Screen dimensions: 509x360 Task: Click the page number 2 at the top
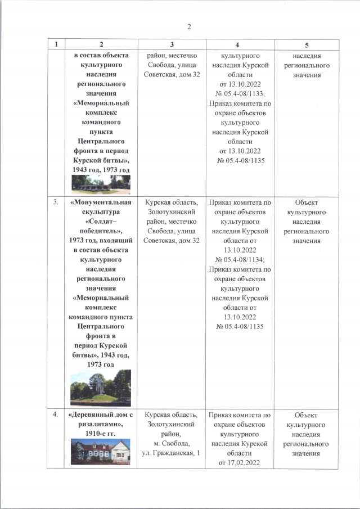tap(190, 26)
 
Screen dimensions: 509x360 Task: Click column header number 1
tap(56, 44)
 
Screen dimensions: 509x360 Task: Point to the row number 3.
tap(56, 202)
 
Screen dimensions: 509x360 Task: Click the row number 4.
tap(56, 416)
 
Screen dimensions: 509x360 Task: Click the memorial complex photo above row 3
tap(101, 184)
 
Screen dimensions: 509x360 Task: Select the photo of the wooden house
tap(100, 451)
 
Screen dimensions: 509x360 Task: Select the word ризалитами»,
tap(101, 425)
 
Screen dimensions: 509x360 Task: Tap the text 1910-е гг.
tap(101, 435)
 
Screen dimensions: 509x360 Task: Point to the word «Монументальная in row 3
tap(101, 202)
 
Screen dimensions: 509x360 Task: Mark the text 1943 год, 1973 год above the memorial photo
tap(101, 170)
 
